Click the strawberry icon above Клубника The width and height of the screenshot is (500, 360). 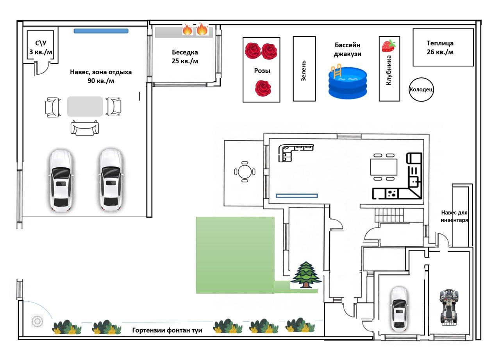coord(389,46)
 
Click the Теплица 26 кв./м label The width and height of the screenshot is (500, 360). coord(440,48)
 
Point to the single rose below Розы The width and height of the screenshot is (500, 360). coord(263,88)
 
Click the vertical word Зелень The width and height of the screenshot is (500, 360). coord(304,71)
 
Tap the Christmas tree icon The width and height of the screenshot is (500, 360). coord(306,275)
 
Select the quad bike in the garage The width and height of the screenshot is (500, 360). coord(449,308)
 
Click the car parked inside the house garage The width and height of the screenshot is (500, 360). coord(399,309)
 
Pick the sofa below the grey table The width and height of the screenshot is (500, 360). coord(85,128)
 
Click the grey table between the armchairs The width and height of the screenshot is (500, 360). coord(85,106)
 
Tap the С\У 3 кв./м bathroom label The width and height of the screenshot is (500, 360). coord(41,48)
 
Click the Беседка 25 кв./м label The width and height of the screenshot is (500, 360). coord(185,57)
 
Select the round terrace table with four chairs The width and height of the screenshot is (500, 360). coord(245,172)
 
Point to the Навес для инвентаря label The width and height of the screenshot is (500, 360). coord(454,216)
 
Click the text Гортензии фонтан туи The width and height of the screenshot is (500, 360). coord(167,330)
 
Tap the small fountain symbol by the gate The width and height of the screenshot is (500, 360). coord(37,322)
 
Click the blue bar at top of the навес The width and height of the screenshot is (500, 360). coord(101,31)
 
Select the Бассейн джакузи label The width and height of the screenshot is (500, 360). coord(347,49)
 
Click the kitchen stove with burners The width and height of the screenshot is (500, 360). coord(392,193)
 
